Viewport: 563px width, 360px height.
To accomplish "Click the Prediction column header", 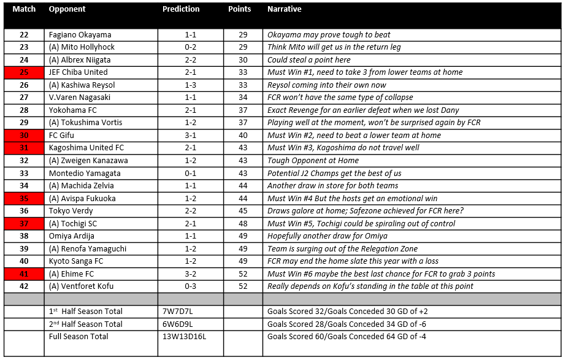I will (x=181, y=9).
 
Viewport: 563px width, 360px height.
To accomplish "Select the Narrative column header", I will (x=285, y=9).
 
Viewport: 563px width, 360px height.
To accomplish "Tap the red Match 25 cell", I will (x=24, y=72).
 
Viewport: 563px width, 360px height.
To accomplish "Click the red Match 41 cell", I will (x=24, y=274).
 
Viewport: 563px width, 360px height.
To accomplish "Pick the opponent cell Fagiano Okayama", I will (x=80, y=35).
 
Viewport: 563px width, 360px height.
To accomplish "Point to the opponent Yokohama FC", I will (x=74, y=110).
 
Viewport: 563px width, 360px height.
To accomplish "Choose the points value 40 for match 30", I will (x=243, y=136).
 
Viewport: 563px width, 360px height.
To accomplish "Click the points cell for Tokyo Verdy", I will (x=243, y=211).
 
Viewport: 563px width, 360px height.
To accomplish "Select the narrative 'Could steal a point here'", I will (x=309, y=60).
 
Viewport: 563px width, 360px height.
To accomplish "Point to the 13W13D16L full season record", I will (x=184, y=337).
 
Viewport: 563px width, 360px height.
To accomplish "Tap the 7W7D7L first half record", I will (x=178, y=312).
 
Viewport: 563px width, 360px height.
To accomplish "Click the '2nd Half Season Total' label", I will (x=86, y=324).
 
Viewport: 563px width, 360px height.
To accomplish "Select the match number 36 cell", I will (x=24, y=211).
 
